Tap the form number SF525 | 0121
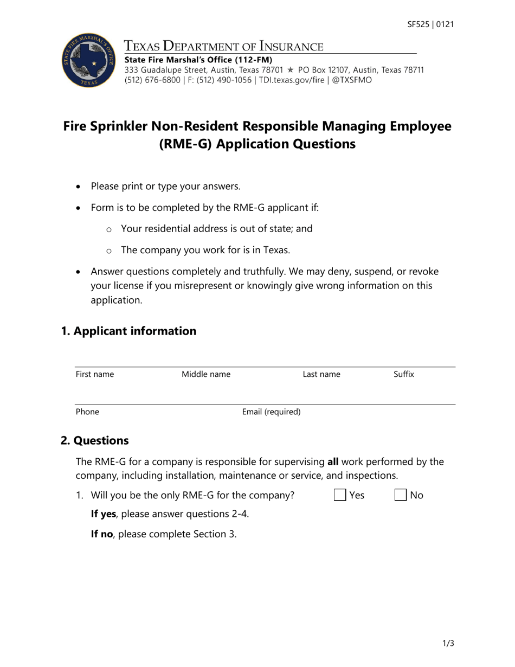pyautogui.click(x=430, y=24)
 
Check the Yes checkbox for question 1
pyautogui.click(x=340, y=495)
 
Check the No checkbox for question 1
pyautogui.click(x=401, y=495)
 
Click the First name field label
pyautogui.click(x=95, y=374)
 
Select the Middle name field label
pyautogui.click(x=206, y=374)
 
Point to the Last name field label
pyautogui.click(x=321, y=374)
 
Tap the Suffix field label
pyautogui.click(x=404, y=374)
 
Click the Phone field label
pyautogui.click(x=87, y=412)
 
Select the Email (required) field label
pyautogui.click(x=271, y=412)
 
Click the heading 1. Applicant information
pyautogui.click(x=128, y=331)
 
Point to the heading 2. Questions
pyautogui.click(x=95, y=440)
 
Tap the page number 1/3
pyautogui.click(x=448, y=644)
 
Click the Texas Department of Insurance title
pyautogui.click(x=224, y=46)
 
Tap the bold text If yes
pyautogui.click(x=103, y=514)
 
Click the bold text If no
pyautogui.click(x=101, y=534)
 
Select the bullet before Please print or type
pyautogui.click(x=80, y=187)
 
